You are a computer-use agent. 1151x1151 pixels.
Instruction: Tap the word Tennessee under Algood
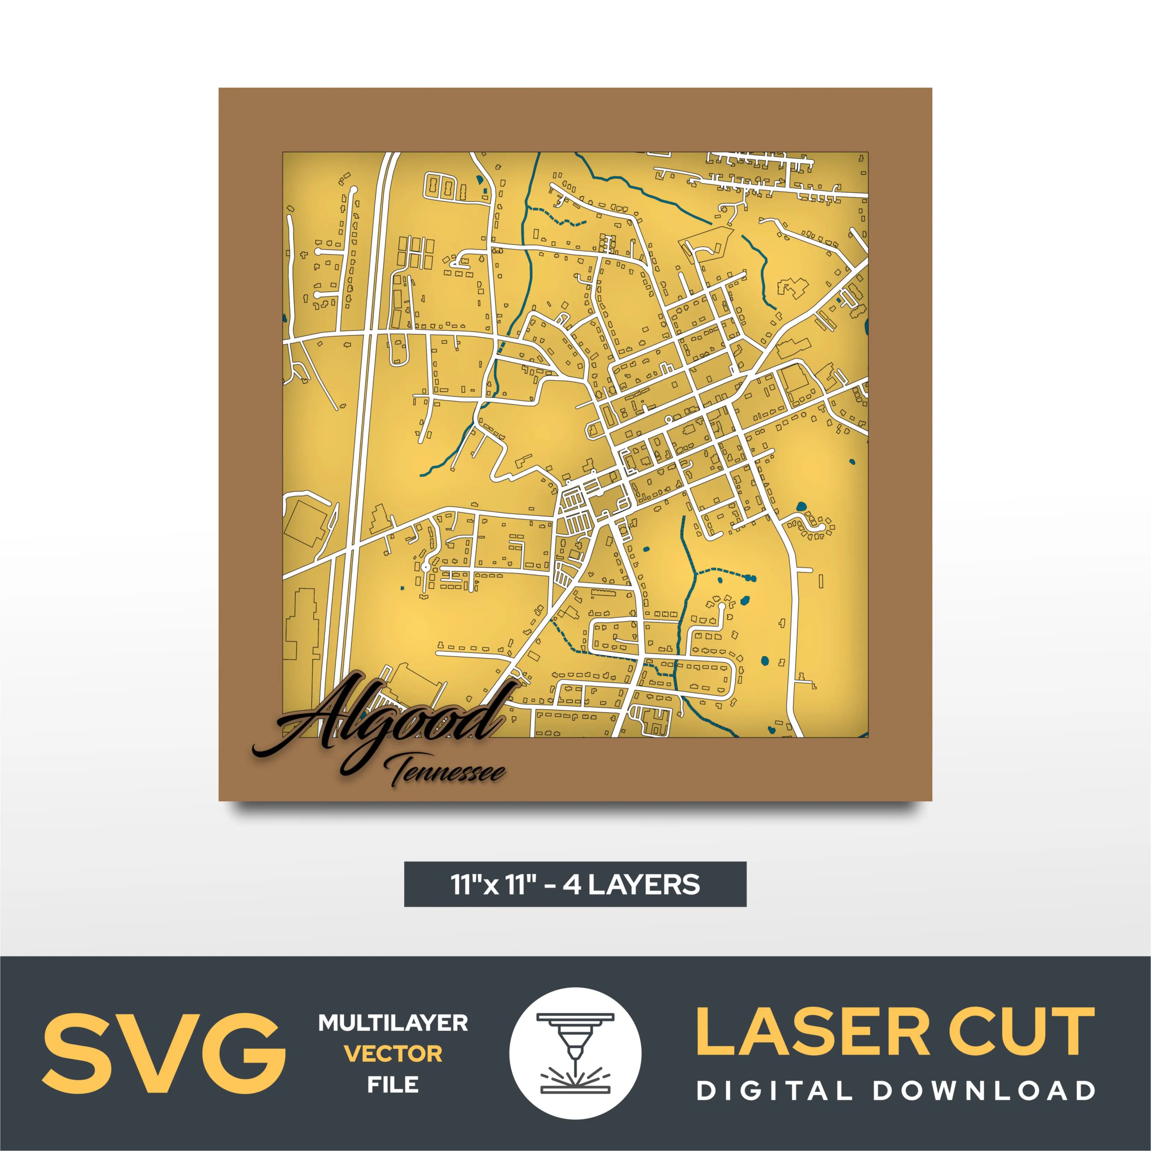coord(447,772)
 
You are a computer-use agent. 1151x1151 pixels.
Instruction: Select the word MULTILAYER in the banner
coord(393,1023)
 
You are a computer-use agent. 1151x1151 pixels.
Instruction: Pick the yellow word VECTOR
coord(393,1054)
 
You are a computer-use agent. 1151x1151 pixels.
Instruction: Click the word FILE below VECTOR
coord(393,1084)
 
